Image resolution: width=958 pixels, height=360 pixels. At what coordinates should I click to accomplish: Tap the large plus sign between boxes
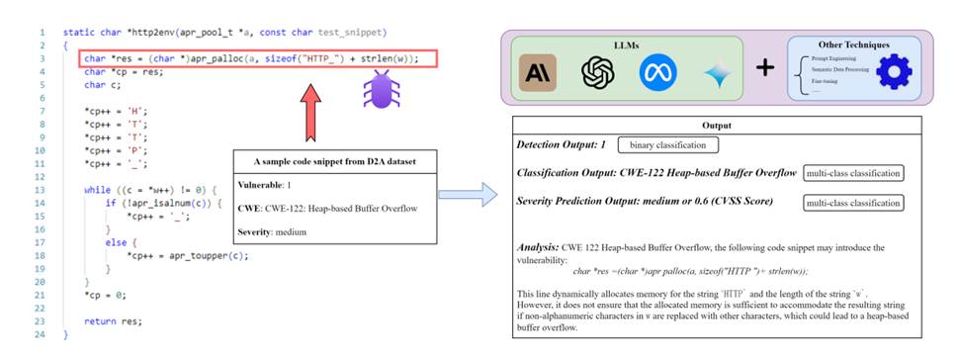coord(763,68)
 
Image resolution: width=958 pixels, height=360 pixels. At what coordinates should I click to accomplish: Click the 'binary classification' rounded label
coord(669,145)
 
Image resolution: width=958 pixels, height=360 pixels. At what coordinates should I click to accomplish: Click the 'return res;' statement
coord(113,321)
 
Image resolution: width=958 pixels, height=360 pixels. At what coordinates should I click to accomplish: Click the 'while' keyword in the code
coord(97,188)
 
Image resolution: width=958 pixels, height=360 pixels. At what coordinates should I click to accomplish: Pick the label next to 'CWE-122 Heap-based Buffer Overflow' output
coord(853,174)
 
